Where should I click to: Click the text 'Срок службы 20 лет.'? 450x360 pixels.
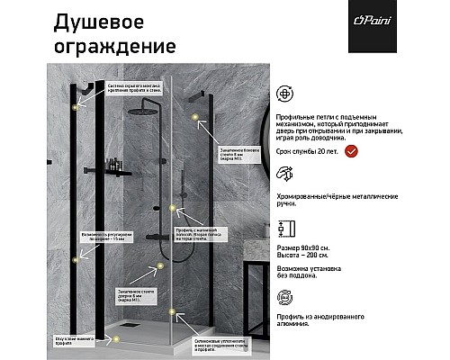308,154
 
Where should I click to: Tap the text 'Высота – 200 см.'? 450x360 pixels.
303,255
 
